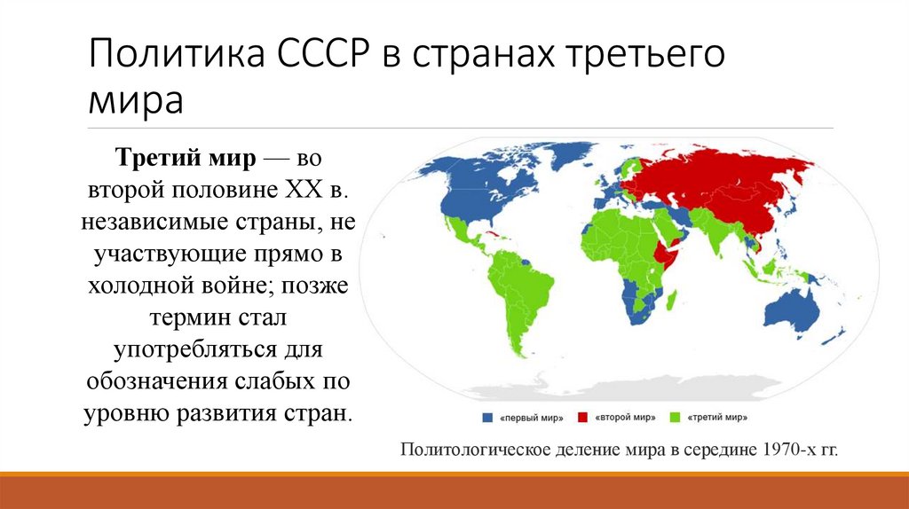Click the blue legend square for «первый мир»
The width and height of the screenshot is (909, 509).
point(486,417)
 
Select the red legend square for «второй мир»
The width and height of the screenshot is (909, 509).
point(583,417)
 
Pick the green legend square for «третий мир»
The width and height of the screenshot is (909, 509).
point(680,417)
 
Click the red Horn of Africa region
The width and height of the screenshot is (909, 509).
point(670,252)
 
